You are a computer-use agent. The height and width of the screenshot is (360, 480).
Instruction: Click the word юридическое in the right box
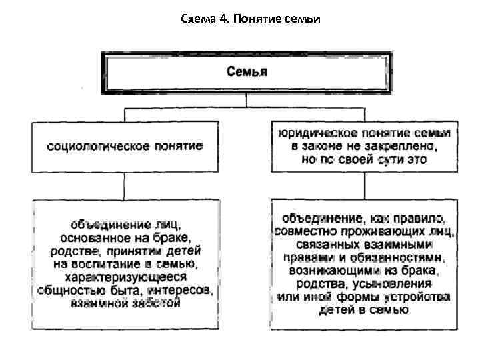tap(316, 133)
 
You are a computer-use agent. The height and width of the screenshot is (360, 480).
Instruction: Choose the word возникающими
tap(336, 271)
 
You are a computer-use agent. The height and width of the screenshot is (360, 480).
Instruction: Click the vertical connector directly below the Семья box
tap(247, 100)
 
